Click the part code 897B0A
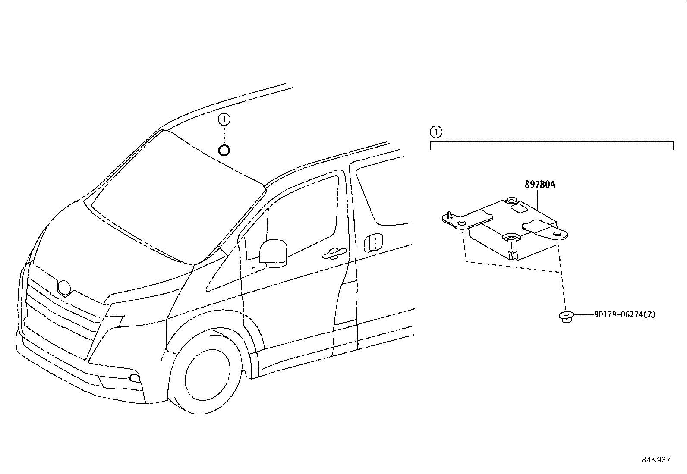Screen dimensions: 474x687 pos(539,185)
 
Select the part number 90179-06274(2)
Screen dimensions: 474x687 pos(624,314)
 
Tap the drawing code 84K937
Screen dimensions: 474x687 pos(655,460)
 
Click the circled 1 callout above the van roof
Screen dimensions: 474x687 pos(224,119)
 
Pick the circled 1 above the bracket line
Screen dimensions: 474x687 pos(436,131)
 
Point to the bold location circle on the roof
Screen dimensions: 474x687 pos(224,150)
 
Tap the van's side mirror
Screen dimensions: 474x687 pos(273,252)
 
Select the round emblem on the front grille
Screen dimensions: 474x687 pos(64,288)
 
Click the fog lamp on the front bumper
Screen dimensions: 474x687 pos(135,379)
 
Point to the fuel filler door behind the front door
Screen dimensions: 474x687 pos(373,242)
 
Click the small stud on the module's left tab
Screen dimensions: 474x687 pos(449,215)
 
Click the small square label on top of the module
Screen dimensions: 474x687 pos(519,209)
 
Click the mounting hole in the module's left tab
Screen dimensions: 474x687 pos(462,223)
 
